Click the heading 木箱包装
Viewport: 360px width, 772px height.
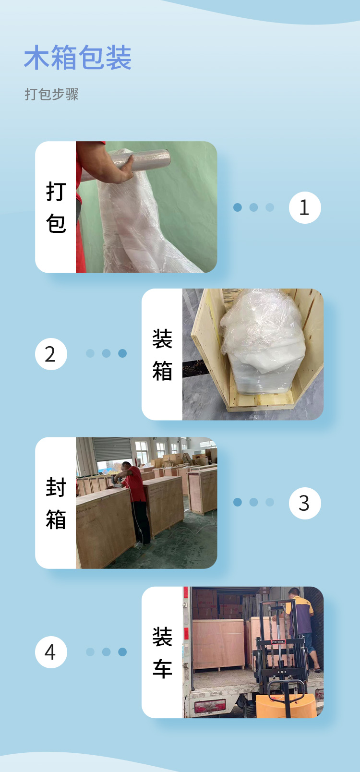(78, 58)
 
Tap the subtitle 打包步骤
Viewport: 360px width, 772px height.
(52, 94)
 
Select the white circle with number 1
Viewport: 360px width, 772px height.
(304, 207)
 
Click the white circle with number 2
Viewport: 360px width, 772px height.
(51, 354)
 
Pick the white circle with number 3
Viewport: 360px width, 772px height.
(304, 503)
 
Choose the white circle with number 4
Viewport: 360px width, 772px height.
(51, 652)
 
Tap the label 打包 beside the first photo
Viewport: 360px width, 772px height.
(56, 207)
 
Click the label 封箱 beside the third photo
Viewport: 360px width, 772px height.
(56, 503)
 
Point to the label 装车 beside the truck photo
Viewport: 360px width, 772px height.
(162, 652)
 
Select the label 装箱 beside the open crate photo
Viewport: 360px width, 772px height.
(162, 354)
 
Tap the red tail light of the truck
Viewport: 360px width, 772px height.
(210, 705)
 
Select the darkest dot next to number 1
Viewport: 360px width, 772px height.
(237, 207)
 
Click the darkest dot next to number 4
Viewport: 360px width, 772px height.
(122, 651)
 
